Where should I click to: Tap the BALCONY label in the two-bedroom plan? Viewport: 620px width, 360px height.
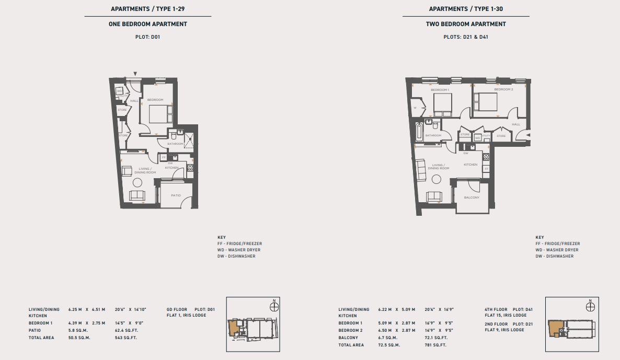tap(472, 198)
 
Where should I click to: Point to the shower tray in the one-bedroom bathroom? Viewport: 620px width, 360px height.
tap(188, 140)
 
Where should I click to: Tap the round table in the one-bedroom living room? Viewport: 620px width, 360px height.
tap(137, 182)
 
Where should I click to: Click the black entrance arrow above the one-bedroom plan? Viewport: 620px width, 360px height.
tap(135, 74)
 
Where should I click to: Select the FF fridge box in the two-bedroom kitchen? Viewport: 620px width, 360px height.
tap(486, 169)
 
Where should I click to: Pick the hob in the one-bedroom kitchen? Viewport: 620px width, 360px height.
tap(190, 168)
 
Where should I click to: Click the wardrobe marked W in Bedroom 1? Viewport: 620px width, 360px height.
tap(415, 108)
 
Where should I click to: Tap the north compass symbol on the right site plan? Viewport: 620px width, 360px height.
tap(590, 307)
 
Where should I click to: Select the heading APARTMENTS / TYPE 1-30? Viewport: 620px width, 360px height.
tap(466, 9)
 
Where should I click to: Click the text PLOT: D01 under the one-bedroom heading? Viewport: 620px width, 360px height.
tap(147, 37)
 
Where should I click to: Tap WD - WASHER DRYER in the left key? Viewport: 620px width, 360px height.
tap(239, 250)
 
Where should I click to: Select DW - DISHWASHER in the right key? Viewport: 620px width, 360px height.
tap(554, 256)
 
